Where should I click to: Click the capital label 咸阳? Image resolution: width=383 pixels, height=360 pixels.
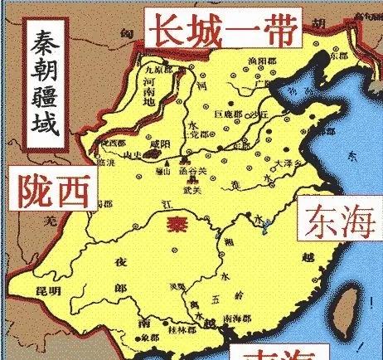(x=158, y=144)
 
